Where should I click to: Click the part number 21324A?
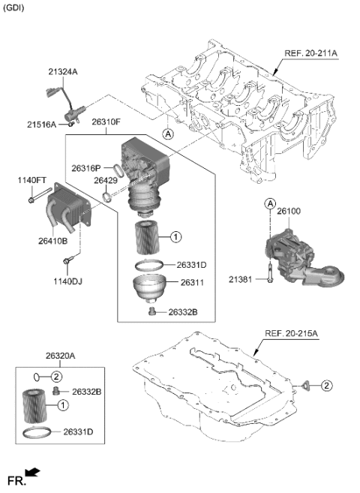(64, 71)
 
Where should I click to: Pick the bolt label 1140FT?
(31, 180)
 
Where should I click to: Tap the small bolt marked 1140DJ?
(68, 260)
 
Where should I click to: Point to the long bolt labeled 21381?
(268, 277)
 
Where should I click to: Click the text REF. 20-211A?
(310, 54)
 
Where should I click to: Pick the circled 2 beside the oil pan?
(326, 386)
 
